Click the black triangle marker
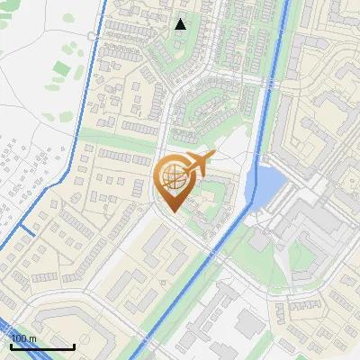click(x=181, y=24)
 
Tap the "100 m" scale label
click(x=23, y=338)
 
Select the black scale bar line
click(x=42, y=346)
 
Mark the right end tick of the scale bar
click(x=74, y=345)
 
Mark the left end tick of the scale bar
click(x=11, y=345)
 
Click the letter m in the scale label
click(x=32, y=338)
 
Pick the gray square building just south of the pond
click(x=259, y=241)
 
